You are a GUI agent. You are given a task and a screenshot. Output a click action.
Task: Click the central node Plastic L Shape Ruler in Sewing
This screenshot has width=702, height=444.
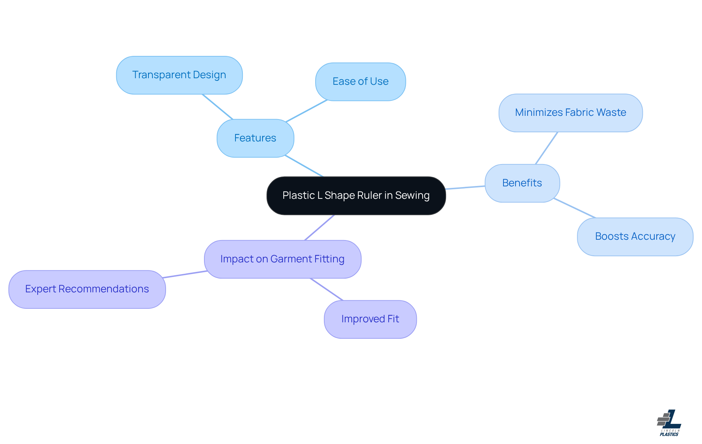tap(356, 196)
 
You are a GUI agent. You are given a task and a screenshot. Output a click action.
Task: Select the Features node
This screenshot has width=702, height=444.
tap(255, 138)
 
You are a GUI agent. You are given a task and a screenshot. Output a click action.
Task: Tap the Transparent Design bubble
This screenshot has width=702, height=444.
tap(179, 75)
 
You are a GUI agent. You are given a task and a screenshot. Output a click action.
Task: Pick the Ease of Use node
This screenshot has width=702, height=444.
tap(360, 81)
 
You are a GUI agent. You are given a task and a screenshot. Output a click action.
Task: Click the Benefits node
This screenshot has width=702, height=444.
tap(522, 183)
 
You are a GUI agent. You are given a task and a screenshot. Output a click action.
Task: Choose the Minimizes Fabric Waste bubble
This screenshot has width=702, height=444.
tap(570, 113)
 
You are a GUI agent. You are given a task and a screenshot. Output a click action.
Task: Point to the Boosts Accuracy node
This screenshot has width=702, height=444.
tap(635, 236)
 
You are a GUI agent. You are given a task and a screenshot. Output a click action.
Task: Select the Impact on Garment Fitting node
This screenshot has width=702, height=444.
tap(282, 259)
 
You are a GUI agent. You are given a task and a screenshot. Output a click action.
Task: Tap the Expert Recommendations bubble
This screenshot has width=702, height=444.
tap(87, 289)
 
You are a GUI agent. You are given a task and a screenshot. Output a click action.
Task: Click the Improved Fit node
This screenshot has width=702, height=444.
tap(370, 319)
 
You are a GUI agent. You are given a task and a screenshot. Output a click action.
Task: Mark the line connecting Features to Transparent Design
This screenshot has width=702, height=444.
tap(218, 107)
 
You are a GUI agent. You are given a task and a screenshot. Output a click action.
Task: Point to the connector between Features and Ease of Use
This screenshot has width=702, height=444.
tap(306, 111)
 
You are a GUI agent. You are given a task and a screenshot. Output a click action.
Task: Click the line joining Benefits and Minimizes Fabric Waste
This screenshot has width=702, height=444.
tap(546, 148)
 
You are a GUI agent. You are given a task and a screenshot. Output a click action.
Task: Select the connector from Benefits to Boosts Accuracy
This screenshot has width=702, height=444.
tap(574, 208)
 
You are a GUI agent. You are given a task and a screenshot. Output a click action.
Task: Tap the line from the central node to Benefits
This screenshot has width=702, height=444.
tap(465, 187)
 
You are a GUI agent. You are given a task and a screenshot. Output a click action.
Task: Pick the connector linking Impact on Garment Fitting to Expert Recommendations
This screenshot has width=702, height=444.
tap(185, 274)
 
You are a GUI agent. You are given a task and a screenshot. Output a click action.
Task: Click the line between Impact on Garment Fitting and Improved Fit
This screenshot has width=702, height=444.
tap(327, 289)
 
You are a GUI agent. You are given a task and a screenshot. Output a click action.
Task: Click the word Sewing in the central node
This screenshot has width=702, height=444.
tap(412, 196)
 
